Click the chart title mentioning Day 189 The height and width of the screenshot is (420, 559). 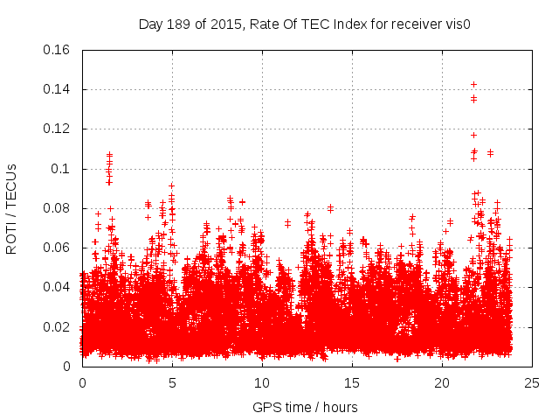coord(304,24)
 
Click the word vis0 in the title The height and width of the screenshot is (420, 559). coord(456,24)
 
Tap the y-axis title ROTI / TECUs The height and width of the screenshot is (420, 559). coord(11,208)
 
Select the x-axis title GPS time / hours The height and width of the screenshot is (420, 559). coord(304,407)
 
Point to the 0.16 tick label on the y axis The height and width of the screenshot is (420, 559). coord(58,50)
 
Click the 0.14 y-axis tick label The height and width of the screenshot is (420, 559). coord(58,89)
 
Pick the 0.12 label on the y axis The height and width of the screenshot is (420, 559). coord(58,129)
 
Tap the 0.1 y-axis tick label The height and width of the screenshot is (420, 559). coord(62,169)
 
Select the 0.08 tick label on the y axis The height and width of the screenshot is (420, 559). coord(58,208)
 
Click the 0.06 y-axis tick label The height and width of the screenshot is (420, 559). coord(58,248)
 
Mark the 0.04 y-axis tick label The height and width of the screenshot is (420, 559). coord(58,287)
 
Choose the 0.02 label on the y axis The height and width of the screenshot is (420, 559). coord(58,327)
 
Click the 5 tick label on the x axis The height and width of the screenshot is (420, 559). coord(172,382)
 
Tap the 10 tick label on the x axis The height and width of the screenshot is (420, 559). coord(262,382)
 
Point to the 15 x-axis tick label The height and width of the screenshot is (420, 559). coord(352,382)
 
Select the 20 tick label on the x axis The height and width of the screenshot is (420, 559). coord(442,382)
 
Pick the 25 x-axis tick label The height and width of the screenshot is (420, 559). coord(532,382)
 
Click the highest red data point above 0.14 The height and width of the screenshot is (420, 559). coord(473,84)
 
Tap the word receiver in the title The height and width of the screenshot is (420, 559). coord(408,24)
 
